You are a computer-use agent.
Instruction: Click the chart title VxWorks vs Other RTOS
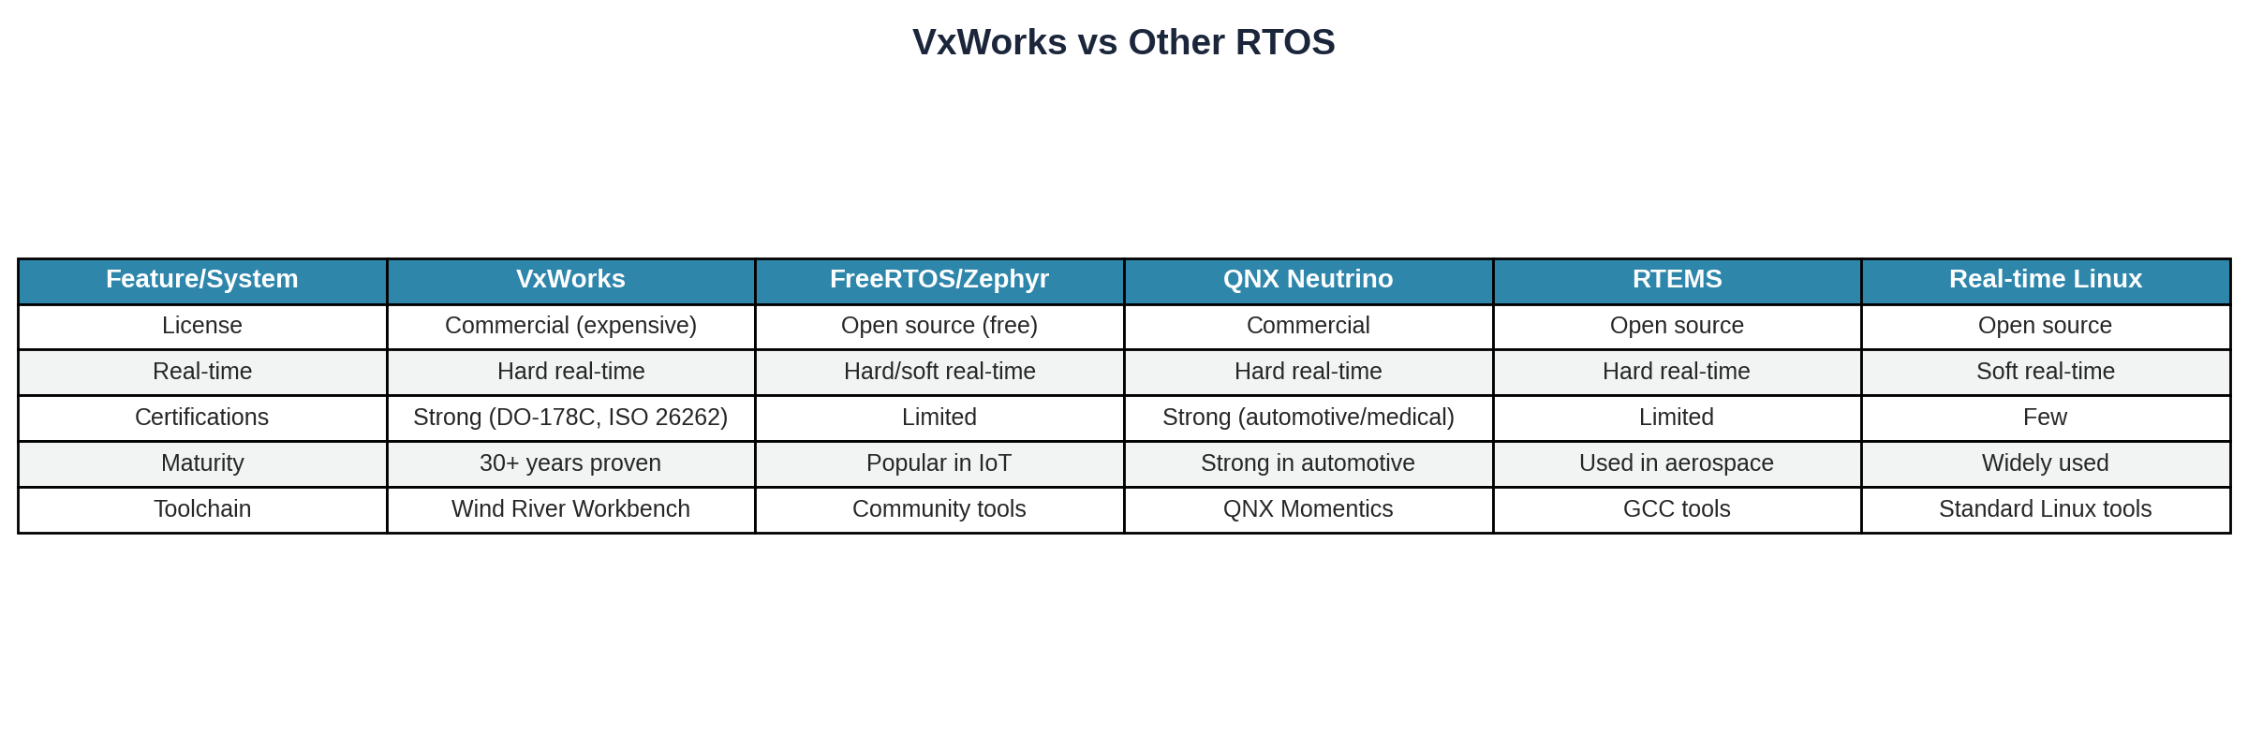1123,42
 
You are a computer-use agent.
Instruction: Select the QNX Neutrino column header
1308,279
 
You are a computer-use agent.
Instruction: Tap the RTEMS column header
1677,279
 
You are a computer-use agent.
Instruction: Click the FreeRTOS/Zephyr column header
939,279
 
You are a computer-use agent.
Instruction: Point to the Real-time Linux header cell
2045,279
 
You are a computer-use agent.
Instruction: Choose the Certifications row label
201,417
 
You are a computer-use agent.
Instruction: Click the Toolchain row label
201,508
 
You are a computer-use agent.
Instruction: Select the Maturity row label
201,463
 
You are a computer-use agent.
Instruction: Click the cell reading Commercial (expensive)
570,325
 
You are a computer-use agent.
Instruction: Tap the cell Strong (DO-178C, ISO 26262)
570,417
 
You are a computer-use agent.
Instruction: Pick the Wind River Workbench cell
570,508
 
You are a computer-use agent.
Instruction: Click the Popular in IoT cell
939,463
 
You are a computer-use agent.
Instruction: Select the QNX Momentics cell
1308,508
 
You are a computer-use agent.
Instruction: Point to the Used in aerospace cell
1676,463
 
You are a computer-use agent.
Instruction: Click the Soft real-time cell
2045,371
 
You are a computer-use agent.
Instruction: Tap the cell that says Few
2045,417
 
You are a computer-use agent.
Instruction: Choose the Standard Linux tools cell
2045,508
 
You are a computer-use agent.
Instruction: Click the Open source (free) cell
939,325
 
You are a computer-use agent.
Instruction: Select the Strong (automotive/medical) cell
1308,417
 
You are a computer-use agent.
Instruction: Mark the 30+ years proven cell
570,463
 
